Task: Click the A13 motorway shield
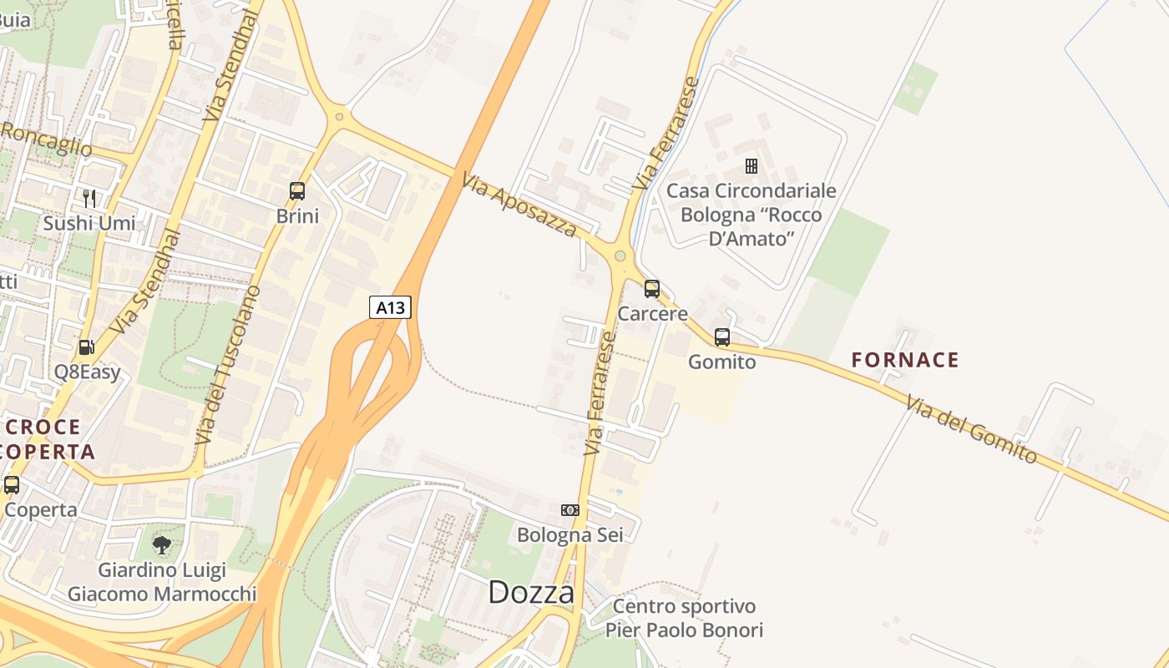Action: pyautogui.click(x=390, y=307)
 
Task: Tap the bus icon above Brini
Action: pyautogui.click(x=297, y=191)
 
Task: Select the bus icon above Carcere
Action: pyautogui.click(x=652, y=289)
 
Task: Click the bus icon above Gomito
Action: pyautogui.click(x=722, y=337)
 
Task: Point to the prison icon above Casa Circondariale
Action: pyautogui.click(x=751, y=166)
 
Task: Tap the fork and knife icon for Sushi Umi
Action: pyautogui.click(x=89, y=199)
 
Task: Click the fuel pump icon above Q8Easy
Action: pyautogui.click(x=86, y=347)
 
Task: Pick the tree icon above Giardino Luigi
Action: pyautogui.click(x=162, y=545)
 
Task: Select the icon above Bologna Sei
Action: pyautogui.click(x=570, y=509)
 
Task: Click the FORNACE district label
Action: pyautogui.click(x=905, y=361)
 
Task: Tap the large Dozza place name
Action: pyautogui.click(x=531, y=593)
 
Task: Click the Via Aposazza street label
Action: pyautogui.click(x=519, y=204)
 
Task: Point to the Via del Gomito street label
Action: pyautogui.click(x=971, y=428)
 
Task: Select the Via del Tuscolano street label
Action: pyautogui.click(x=228, y=365)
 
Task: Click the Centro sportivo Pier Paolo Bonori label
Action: pyautogui.click(x=684, y=618)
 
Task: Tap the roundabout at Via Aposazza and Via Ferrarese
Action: pyautogui.click(x=620, y=256)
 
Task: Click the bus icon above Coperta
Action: pyautogui.click(x=12, y=485)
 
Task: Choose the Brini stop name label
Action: pyautogui.click(x=297, y=216)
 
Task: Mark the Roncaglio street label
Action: pyautogui.click(x=46, y=139)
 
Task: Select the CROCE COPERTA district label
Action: pyautogui.click(x=48, y=439)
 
